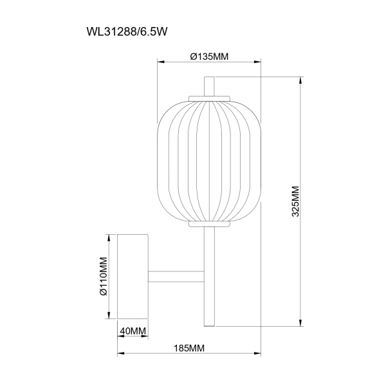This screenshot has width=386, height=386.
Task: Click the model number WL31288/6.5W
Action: (x=127, y=32)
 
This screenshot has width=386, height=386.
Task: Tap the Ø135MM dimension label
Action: (x=209, y=57)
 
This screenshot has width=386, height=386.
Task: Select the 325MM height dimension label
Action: (x=295, y=201)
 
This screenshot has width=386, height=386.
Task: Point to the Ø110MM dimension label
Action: (x=104, y=276)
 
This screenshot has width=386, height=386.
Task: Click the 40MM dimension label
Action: (x=133, y=331)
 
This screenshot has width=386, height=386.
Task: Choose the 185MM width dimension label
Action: (x=189, y=348)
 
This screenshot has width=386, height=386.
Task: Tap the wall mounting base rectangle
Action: (x=133, y=277)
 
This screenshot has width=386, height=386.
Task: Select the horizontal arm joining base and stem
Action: (x=176, y=277)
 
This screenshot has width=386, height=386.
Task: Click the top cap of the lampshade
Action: (x=209, y=98)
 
